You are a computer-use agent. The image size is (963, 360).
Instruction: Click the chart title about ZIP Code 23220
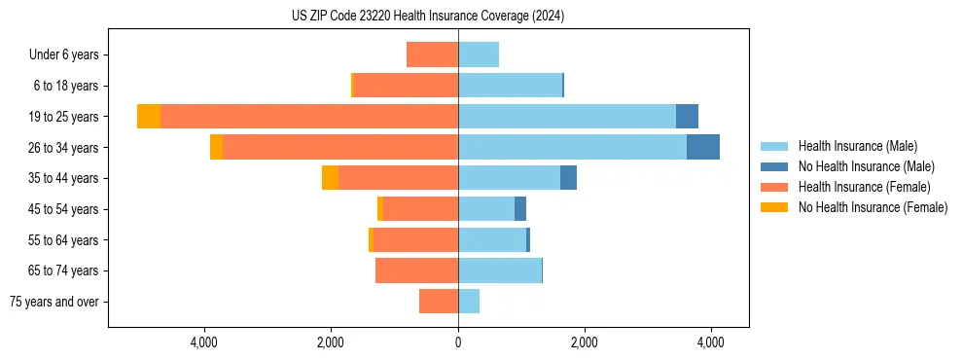(x=427, y=17)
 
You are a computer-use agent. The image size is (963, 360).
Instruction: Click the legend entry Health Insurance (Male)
(x=857, y=146)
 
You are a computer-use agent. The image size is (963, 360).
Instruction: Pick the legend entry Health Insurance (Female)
(x=865, y=187)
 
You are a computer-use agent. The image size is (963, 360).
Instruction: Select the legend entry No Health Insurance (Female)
(x=873, y=207)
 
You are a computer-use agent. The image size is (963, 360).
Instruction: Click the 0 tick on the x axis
(x=458, y=342)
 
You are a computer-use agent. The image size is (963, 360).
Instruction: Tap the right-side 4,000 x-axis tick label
(x=711, y=342)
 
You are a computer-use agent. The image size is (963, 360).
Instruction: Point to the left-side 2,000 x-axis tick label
(x=331, y=342)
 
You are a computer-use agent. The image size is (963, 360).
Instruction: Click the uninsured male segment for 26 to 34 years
(x=703, y=147)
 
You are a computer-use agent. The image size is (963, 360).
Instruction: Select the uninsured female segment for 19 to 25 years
(x=149, y=117)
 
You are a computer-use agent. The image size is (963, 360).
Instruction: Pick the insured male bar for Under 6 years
(x=479, y=54)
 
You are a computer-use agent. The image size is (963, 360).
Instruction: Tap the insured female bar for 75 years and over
(x=439, y=302)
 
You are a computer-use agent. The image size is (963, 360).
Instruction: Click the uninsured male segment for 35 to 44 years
(x=568, y=178)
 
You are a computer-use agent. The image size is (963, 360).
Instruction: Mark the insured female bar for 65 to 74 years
(x=416, y=270)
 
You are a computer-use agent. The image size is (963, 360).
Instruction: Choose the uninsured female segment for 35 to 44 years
(x=330, y=178)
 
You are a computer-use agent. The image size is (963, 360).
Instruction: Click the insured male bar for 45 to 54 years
(x=486, y=209)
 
